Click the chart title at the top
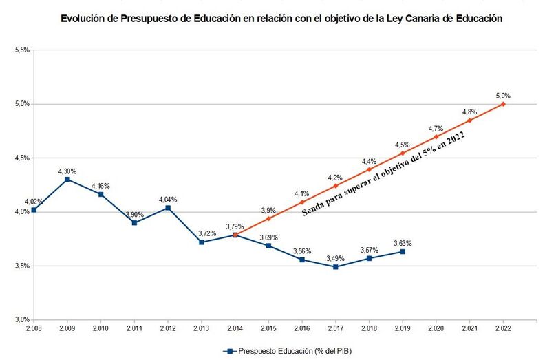(x=281, y=20)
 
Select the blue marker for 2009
(x=67, y=179)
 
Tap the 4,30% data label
(x=67, y=169)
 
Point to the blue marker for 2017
(x=336, y=266)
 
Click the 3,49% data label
(x=336, y=257)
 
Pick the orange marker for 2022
(x=504, y=104)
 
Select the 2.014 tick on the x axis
(x=235, y=329)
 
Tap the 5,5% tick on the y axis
(x=21, y=50)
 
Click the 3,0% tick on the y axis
(x=21, y=319)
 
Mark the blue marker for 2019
(x=403, y=252)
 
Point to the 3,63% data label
(x=403, y=242)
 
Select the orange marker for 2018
(x=370, y=169)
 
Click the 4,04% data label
(x=168, y=199)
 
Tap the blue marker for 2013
(x=201, y=242)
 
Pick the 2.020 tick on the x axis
(x=436, y=329)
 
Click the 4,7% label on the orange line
(x=436, y=128)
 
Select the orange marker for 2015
(x=268, y=218)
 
